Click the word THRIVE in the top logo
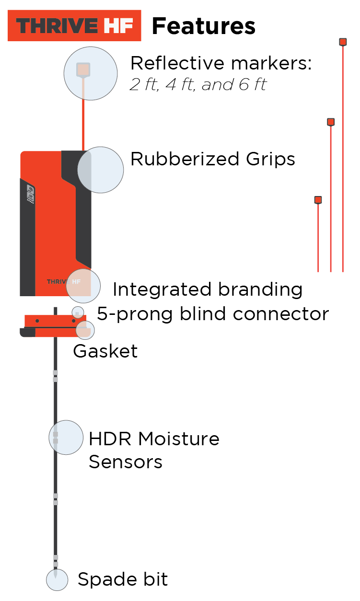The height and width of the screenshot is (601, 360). click(57, 26)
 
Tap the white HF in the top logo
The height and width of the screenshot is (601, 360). click(118, 26)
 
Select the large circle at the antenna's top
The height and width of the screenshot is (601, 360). click(91, 73)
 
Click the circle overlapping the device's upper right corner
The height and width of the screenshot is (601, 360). click(100, 170)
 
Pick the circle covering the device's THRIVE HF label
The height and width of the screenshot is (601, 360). click(83, 286)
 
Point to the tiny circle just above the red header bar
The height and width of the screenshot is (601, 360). click(78, 312)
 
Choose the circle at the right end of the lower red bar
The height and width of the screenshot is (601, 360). click(85, 330)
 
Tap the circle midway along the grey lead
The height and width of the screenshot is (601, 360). click(66, 438)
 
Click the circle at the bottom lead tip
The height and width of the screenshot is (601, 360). click(57, 580)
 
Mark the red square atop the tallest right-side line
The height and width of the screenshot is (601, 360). click(343, 42)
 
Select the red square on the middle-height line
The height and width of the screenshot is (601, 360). click(331, 122)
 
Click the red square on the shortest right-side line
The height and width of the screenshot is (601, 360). click(318, 200)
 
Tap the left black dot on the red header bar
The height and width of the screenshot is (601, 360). click(37, 321)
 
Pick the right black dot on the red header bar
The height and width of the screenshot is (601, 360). click(73, 321)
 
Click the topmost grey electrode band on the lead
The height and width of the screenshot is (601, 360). click(56, 372)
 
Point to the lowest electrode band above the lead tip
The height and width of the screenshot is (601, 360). click(56, 564)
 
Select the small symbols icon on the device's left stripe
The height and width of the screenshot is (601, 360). click(30, 193)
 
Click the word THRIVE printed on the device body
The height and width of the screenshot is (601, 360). click(58, 282)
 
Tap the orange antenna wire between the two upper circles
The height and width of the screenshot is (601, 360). click(83, 125)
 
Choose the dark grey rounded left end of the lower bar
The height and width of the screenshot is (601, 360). click(27, 333)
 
